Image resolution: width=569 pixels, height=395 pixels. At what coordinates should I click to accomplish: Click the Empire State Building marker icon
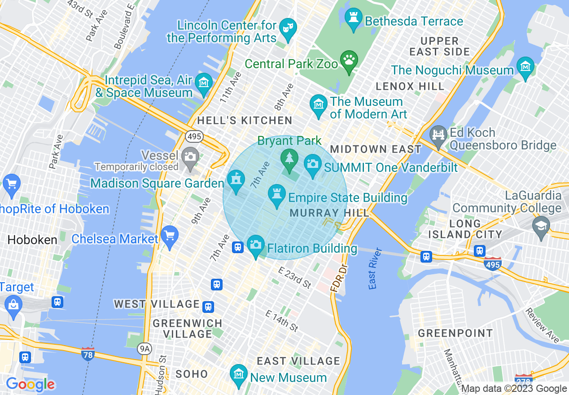276,195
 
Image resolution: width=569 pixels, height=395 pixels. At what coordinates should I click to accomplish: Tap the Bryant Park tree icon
289,158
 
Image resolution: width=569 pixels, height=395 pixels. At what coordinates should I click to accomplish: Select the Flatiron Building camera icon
256,245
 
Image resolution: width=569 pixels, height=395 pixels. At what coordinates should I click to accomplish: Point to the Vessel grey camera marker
191,157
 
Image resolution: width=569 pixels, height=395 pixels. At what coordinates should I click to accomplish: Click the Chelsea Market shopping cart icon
170,236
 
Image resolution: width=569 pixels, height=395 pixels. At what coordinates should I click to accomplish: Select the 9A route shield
144,348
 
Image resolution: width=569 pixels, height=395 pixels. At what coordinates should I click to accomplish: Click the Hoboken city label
32,240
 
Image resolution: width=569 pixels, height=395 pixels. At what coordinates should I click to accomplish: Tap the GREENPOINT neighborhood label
455,333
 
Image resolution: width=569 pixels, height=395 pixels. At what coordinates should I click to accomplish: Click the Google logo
30,384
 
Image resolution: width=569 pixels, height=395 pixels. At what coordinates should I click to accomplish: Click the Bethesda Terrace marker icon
354,18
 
